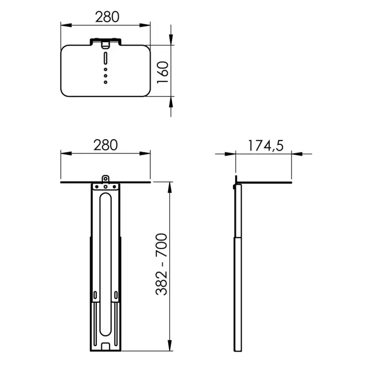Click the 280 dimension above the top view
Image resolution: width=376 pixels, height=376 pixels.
coord(107,17)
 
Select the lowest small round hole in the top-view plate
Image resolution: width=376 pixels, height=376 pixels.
coord(106,82)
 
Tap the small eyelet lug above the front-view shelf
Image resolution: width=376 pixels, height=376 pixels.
coord(106,179)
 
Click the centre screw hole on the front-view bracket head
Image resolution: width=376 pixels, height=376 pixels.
coord(106,187)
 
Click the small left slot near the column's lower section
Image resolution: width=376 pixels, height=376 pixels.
coord(96,295)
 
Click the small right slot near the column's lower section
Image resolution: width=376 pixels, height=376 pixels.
coord(117,295)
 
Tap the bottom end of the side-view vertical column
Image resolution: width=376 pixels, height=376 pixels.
coord(238,350)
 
